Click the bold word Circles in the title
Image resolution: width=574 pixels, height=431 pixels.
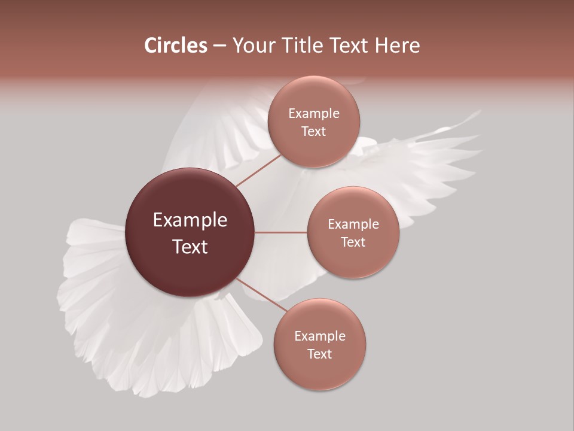pyautogui.click(x=176, y=45)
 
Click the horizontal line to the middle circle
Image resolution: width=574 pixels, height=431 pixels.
pyautogui.click(x=281, y=232)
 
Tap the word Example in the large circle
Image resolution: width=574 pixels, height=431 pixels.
pyautogui.click(x=190, y=220)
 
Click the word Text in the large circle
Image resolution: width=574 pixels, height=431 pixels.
pyautogui.click(x=190, y=246)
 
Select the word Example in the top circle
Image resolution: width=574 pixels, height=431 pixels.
pyautogui.click(x=314, y=113)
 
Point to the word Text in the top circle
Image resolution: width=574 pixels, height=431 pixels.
pyautogui.click(x=314, y=131)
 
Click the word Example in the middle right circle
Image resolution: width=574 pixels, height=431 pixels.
pyautogui.click(x=353, y=224)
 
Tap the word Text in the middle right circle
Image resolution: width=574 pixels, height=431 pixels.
pyautogui.click(x=353, y=242)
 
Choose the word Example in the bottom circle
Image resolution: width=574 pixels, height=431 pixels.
pyautogui.click(x=320, y=336)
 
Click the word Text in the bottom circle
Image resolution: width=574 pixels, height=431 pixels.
pyautogui.click(x=320, y=354)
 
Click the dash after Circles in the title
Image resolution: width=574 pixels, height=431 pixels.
pyautogui.click(x=219, y=46)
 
